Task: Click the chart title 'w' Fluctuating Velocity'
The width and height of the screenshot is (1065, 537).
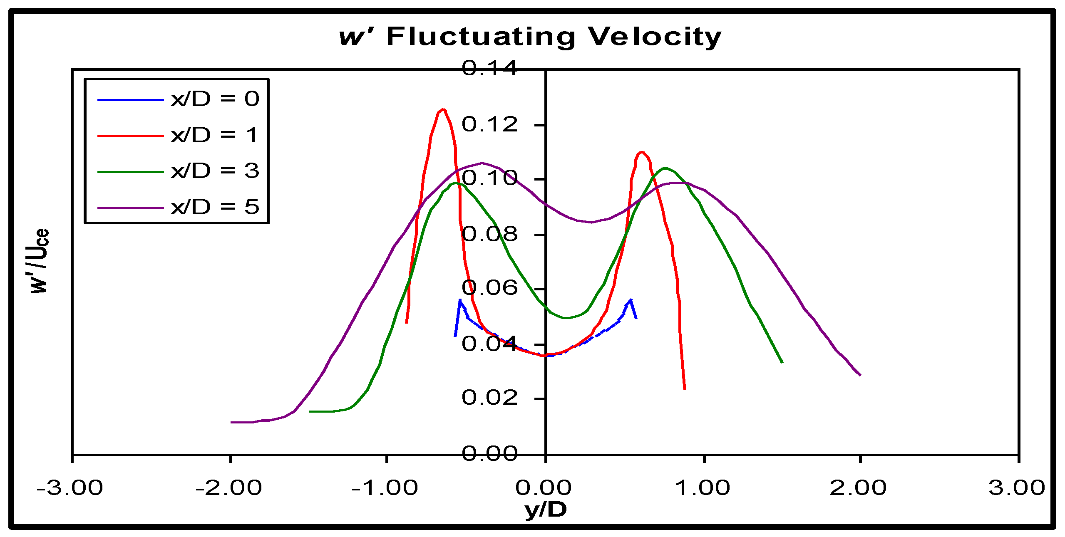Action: click(x=530, y=37)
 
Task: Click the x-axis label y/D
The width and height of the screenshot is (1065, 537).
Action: click(x=546, y=509)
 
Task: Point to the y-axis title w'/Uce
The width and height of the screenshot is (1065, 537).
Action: click(x=40, y=261)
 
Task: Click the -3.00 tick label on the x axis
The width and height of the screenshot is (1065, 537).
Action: click(x=70, y=488)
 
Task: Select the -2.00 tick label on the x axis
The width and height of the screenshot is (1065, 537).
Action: click(x=229, y=488)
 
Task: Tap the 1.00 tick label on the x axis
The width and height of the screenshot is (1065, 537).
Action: click(x=703, y=488)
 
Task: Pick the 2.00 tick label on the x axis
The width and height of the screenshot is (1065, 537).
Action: click(x=858, y=488)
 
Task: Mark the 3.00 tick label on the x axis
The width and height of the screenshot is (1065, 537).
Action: click(x=1017, y=488)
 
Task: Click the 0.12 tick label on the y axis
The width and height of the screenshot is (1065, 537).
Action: click(x=489, y=124)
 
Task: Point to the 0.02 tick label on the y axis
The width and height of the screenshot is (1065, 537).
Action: click(x=489, y=398)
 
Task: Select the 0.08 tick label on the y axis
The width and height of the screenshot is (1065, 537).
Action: click(x=489, y=234)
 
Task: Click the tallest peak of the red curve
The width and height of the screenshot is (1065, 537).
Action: click(x=443, y=110)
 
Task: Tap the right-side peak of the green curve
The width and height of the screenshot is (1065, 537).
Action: click(x=665, y=168)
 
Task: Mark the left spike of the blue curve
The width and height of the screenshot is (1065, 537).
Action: click(x=460, y=300)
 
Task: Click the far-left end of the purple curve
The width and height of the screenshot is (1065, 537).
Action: click(x=232, y=422)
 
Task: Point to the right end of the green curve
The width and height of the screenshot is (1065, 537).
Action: click(x=782, y=362)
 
